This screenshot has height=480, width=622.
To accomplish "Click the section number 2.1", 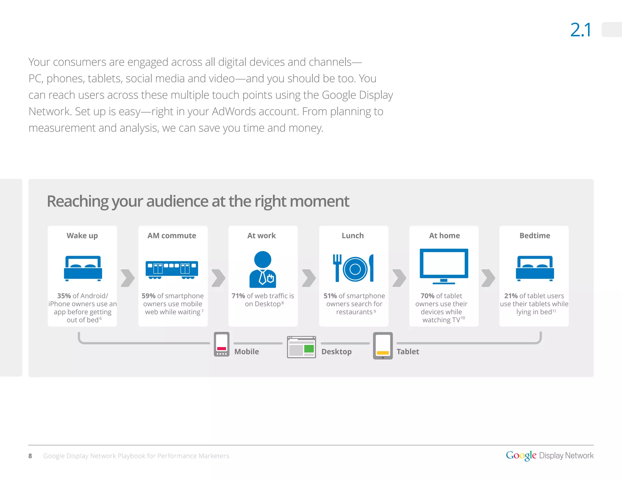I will click(x=580, y=30).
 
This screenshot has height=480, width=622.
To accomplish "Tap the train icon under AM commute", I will click(x=172, y=269).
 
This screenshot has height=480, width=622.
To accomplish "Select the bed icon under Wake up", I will click(x=83, y=268).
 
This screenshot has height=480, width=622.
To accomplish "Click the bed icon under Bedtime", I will click(x=535, y=268).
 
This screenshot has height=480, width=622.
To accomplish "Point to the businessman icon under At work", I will click(x=262, y=269).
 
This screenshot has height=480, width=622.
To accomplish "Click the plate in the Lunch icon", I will click(x=355, y=269).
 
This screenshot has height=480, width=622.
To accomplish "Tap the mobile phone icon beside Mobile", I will click(x=221, y=344).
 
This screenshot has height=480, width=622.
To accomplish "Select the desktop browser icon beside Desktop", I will click(x=301, y=347).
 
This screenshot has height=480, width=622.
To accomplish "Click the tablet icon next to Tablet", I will click(x=383, y=346).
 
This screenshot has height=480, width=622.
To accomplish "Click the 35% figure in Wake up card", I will click(x=64, y=296).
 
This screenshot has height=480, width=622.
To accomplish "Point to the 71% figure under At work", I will click(x=238, y=296).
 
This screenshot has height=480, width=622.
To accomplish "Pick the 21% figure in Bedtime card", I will click(x=511, y=296).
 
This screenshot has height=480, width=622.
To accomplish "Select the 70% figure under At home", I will click(x=427, y=296).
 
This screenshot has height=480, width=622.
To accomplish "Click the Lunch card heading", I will click(x=353, y=236).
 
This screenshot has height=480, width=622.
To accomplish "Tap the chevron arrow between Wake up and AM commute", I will click(x=128, y=278).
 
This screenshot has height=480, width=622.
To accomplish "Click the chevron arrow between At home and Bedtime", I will click(x=488, y=278).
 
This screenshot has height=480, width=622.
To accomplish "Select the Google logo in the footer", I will click(x=521, y=455).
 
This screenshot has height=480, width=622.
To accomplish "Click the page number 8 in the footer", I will click(x=30, y=456).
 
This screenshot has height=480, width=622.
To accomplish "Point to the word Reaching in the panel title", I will click(x=78, y=201).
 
